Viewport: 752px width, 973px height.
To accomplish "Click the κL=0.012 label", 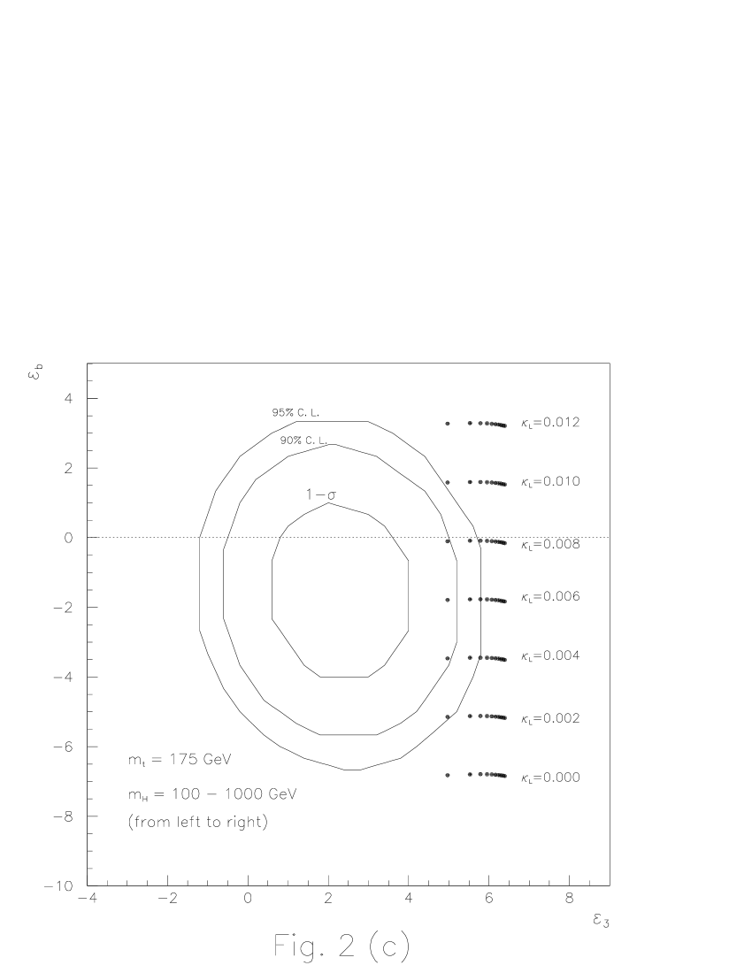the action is point(549,423).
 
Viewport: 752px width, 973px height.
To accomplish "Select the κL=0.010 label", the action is point(549,481).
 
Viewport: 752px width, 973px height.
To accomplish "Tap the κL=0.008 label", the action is point(549,544).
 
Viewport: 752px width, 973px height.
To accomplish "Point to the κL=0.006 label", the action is point(549,596).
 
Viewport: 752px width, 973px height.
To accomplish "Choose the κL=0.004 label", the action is point(549,656).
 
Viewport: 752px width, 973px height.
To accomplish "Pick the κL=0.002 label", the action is point(549,718).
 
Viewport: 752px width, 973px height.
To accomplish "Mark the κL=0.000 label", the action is point(549,778).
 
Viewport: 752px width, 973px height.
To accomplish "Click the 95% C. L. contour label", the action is point(296,412).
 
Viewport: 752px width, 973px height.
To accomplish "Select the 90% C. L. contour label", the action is point(304,440).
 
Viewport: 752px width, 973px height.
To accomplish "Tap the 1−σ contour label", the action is point(321,494).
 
